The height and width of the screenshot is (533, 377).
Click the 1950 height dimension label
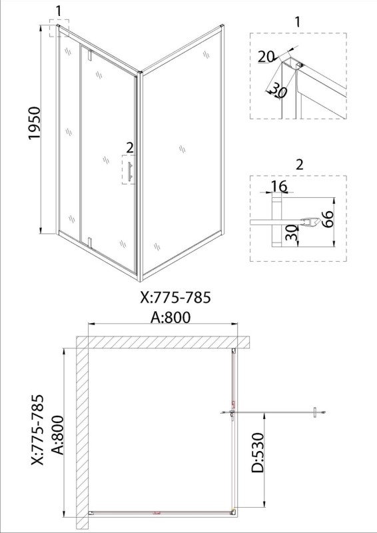tap(35, 123)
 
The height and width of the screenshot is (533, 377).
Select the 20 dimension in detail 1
tap(266, 57)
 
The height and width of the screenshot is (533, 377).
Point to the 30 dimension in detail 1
tap(278, 91)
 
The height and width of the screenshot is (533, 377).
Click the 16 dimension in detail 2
tap(280, 187)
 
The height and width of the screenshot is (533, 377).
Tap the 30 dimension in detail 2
tap(292, 233)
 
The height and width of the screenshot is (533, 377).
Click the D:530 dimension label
tap(257, 453)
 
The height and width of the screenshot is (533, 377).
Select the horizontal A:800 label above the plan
tap(171, 317)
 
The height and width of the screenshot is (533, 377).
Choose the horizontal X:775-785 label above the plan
tap(175, 297)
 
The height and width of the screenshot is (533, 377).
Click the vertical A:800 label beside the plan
tap(58, 435)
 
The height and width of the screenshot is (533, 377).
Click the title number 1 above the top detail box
tap(298, 22)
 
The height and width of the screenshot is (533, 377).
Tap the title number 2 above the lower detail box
tap(299, 165)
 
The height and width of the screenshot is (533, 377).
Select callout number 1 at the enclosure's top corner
tap(59, 11)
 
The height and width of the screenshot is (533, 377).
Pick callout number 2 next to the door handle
tap(130, 148)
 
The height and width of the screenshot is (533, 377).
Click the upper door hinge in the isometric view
tap(90, 55)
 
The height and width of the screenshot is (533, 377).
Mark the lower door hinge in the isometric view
tap(90, 242)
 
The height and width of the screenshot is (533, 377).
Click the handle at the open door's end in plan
tap(315, 412)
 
